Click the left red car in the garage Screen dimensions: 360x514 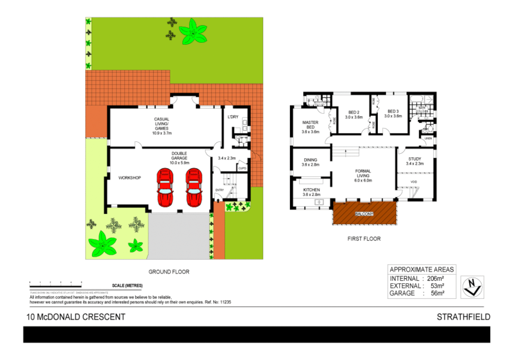point(165,188)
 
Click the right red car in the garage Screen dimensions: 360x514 point(194,188)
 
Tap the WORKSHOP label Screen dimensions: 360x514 point(130,178)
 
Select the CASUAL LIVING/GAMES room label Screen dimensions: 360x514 point(162,126)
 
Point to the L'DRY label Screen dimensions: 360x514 point(233,117)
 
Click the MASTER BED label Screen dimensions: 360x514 point(310,127)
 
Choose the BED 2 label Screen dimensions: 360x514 point(354,115)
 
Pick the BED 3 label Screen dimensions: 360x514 point(393,114)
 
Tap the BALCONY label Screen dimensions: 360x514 point(364,214)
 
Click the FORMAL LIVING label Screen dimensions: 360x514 point(363,176)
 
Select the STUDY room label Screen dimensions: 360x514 point(415,161)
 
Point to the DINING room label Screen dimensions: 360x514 point(310,162)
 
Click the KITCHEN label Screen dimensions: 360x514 point(311,192)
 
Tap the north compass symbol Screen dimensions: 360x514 point(472,287)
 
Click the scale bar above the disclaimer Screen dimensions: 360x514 point(56,285)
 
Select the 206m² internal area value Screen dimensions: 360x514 point(435,279)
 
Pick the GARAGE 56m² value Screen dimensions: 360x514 point(437,293)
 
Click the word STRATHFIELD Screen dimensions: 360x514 point(463,317)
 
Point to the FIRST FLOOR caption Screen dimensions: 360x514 point(364,239)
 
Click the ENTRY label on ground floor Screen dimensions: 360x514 point(220,190)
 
